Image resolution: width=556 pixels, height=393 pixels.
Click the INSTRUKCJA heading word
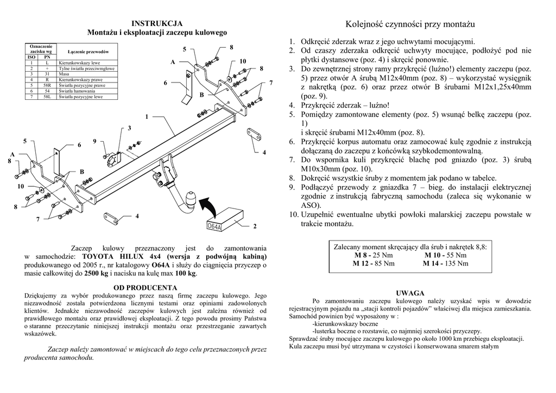[157, 23]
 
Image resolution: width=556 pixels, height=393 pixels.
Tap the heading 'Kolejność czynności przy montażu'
[410, 24]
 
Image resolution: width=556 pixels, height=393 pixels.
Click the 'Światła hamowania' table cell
[77, 91]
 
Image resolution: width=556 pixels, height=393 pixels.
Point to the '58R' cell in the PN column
[47, 86]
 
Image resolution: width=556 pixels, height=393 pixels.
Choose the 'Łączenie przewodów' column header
[89, 51]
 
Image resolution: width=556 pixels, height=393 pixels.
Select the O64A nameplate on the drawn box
[215, 226]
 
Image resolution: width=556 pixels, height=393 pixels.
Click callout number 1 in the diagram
[147, 117]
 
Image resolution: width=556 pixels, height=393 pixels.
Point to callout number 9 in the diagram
[94, 142]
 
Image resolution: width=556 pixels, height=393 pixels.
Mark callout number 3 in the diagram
[129, 129]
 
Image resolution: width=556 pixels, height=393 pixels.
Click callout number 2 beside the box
[254, 226]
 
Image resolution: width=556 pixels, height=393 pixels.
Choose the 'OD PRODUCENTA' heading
[146, 287]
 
